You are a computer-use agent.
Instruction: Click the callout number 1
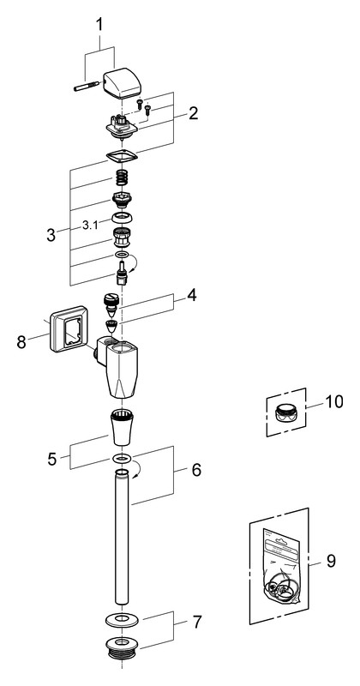coord(99,25)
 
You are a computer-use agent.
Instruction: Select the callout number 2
coord(193,113)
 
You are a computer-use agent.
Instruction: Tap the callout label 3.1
coord(91,226)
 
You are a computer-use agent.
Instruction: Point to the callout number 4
coord(191,295)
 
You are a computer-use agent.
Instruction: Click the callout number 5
coord(52,460)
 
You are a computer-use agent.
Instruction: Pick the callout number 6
coord(195,470)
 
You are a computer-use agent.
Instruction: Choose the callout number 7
coord(197,623)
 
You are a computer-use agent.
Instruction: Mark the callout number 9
coord(331,561)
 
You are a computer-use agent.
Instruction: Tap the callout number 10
coord(333,401)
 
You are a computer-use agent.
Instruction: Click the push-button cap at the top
coord(122,82)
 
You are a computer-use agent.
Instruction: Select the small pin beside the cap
coord(88,86)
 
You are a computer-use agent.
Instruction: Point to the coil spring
coord(123,178)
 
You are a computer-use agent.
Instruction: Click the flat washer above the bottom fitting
coord(122,620)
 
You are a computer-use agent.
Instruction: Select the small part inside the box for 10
coord(285,412)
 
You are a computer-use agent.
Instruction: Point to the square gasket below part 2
coord(122,156)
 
